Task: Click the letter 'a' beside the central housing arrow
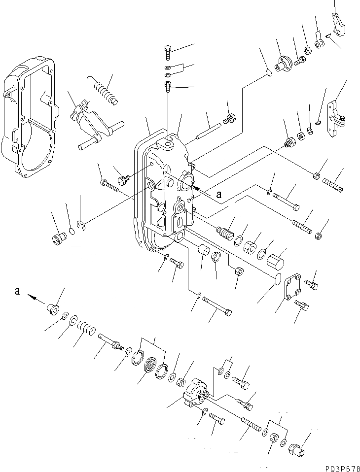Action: point(218,195)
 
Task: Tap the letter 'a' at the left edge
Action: point(17,291)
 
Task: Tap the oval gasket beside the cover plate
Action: point(278,279)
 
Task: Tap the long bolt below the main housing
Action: point(217,306)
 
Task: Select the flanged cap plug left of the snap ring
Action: point(59,238)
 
